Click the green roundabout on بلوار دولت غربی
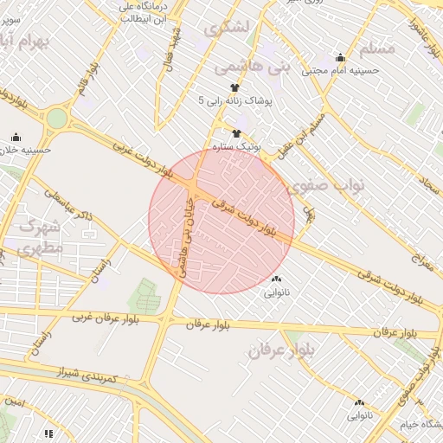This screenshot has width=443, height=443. pyautogui.click(x=56, y=118)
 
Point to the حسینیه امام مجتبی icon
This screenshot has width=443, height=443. pyautogui.click(x=341, y=57)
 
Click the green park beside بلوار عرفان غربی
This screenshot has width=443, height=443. pyautogui.click(x=144, y=297)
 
